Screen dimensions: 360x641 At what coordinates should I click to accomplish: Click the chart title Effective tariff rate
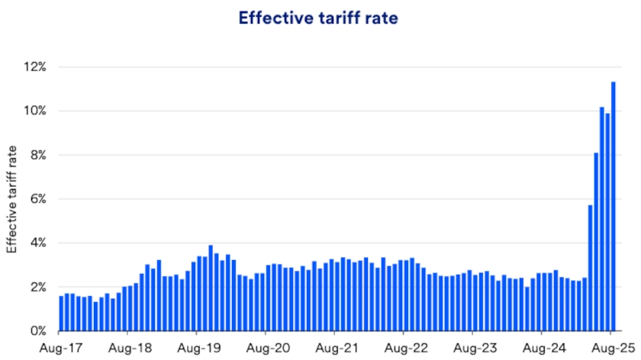coord(318,18)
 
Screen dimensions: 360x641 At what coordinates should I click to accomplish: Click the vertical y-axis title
coord(11,200)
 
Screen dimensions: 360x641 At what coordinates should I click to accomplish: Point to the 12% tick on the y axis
coord(35,67)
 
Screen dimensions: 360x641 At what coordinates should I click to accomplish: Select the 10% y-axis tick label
coord(35,111)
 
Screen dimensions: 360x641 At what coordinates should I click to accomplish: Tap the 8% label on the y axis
coord(37,155)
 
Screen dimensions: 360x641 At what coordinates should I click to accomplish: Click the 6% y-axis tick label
coord(37,199)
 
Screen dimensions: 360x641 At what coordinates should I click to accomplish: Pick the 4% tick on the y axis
coord(37,243)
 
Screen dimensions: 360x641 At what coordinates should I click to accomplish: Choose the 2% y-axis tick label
coord(37,287)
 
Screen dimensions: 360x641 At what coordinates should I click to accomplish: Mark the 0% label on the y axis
coord(37,331)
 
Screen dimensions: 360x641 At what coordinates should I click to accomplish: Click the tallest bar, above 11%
coord(614,206)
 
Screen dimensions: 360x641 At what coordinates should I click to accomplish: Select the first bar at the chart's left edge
coord(61,313)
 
